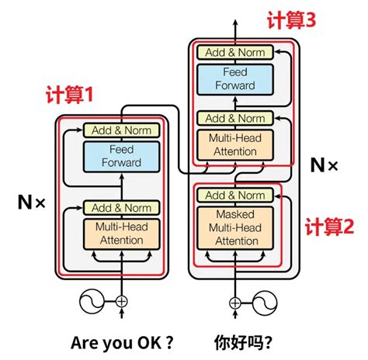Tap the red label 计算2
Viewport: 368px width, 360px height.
(x=328, y=227)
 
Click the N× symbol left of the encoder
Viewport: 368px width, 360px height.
(x=31, y=203)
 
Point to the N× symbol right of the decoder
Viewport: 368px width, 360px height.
(x=324, y=164)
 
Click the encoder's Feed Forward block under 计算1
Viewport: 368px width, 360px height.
(x=120, y=156)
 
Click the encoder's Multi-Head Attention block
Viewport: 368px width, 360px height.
(x=120, y=234)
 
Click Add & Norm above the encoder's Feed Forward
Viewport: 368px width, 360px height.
(x=120, y=130)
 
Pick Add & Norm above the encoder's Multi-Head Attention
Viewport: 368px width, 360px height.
(x=120, y=207)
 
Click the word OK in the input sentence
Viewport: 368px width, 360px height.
(x=144, y=342)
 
